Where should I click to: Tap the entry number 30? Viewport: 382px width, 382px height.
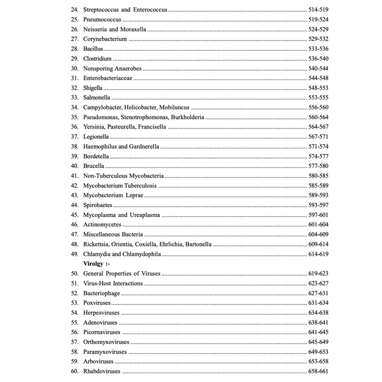[x=74, y=68]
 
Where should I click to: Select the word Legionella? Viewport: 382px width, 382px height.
[x=95, y=137]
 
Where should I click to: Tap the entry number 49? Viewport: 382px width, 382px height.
[x=74, y=254]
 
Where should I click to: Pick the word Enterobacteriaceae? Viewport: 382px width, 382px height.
[x=108, y=78]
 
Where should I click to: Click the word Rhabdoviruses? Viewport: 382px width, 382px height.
[x=102, y=371]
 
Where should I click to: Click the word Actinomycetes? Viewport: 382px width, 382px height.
[x=102, y=225]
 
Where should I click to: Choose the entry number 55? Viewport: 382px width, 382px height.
[x=74, y=322]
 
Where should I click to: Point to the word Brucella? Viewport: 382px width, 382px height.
[x=93, y=166]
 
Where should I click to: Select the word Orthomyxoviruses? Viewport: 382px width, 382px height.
[x=106, y=341]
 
